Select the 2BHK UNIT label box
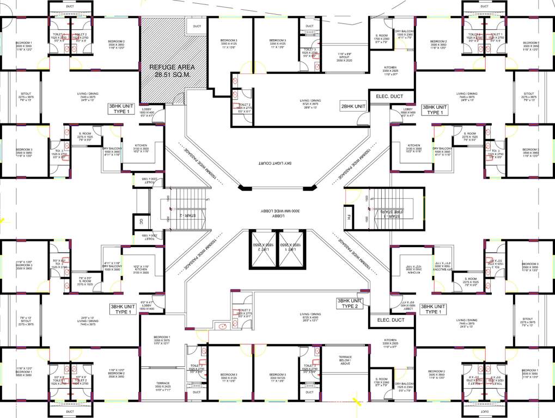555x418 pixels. coord(353,106)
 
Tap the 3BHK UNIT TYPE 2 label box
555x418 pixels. coord(349,303)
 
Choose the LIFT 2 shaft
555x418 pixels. coord(263,249)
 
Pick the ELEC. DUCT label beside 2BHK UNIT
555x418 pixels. coord(389,97)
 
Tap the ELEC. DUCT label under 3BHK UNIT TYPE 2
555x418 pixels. coord(391,320)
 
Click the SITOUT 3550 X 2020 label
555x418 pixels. coord(344,58)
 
